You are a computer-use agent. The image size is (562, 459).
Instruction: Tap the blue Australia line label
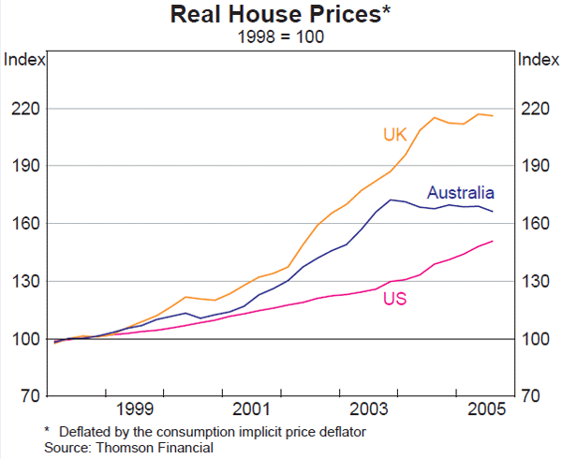click(460, 193)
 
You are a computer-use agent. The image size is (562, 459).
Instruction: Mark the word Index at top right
click(538, 59)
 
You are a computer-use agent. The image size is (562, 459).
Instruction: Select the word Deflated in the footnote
click(85, 432)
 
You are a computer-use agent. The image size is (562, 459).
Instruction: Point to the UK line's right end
click(493, 115)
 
